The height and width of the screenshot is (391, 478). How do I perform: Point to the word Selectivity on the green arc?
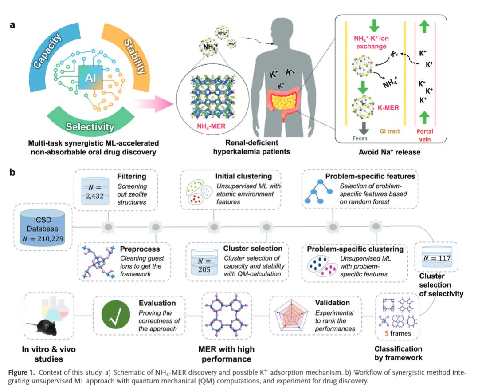click(x=90, y=127)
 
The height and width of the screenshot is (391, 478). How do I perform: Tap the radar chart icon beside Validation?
click(x=292, y=316)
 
